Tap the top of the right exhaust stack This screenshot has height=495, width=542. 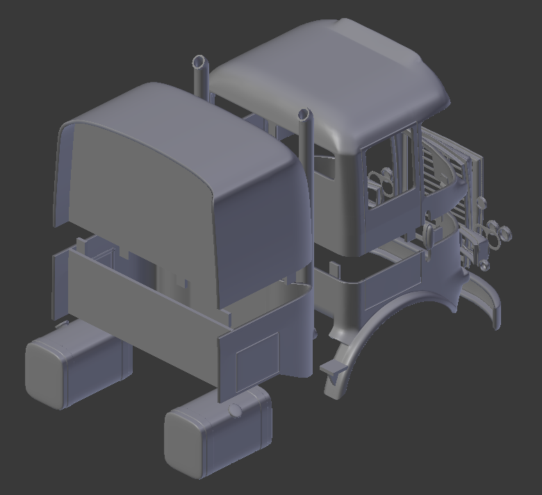pos(304,113)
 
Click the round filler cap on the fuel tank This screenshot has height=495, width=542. pos(236,410)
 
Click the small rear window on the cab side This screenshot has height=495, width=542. pos(323,167)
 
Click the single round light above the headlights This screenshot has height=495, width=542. pos(479,202)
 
